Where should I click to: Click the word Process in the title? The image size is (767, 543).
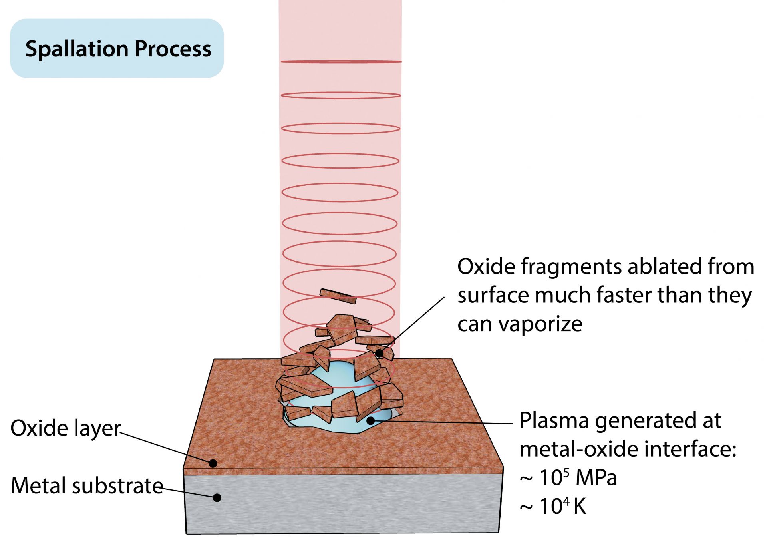coord(173,49)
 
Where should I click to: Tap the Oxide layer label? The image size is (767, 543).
coord(65,428)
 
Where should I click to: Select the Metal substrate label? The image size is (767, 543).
coord(87,486)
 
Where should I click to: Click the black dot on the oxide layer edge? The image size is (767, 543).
coord(213,463)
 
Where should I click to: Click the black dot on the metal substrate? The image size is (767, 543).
coord(217,497)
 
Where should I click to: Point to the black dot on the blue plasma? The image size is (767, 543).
coord(370,420)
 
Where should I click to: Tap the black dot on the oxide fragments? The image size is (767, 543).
coord(379,353)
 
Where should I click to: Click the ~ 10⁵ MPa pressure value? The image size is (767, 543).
coord(568,477)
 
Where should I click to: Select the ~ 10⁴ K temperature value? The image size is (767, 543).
coord(553,506)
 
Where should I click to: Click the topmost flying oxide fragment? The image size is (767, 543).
coord(338,296)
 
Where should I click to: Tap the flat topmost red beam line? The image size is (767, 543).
coord(341,62)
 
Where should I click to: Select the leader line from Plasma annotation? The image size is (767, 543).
coord(447,422)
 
